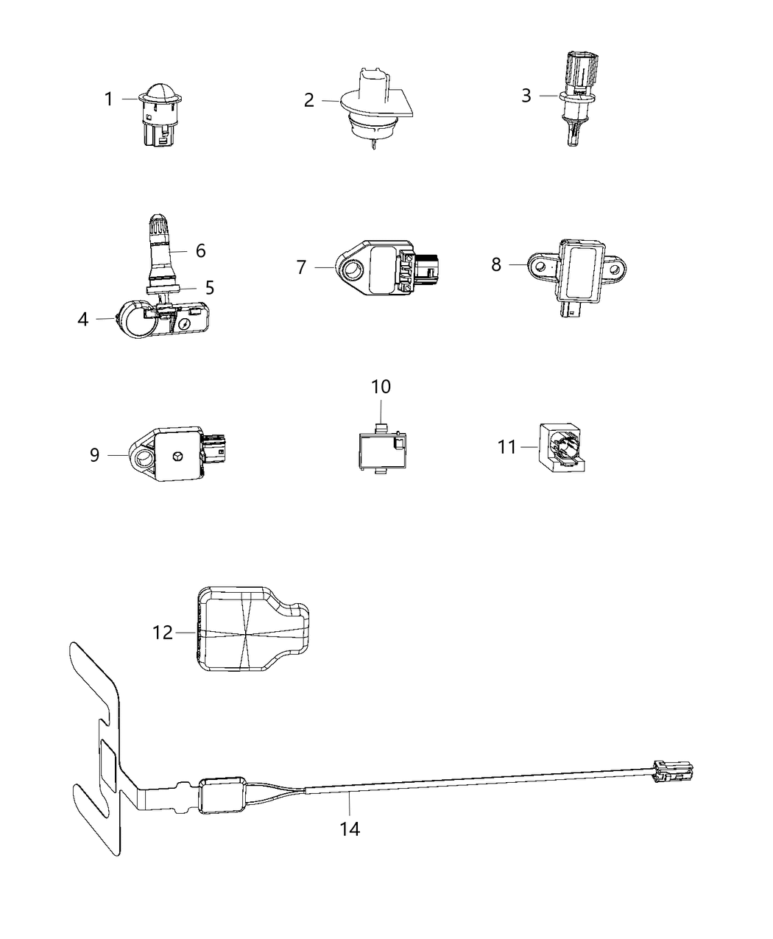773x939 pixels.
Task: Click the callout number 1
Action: click(x=109, y=99)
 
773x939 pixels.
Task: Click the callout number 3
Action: click(x=526, y=96)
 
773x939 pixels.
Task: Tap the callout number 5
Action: click(x=210, y=286)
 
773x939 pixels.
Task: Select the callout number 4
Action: click(x=82, y=319)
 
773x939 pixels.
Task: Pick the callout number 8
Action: click(x=496, y=264)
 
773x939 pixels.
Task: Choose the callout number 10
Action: click(x=381, y=387)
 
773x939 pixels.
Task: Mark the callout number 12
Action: click(x=162, y=632)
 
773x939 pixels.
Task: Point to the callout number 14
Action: click(x=350, y=829)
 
